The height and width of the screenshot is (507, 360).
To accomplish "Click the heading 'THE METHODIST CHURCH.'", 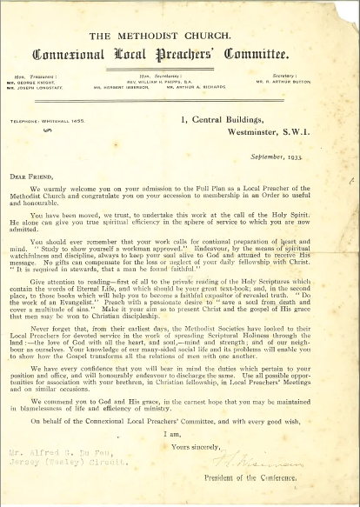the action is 180,36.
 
